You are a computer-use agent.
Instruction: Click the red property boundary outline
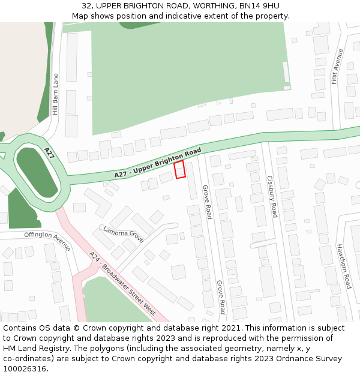[x=179, y=169]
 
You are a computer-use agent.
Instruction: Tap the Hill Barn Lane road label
[x=56, y=94]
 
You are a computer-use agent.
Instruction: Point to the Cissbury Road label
[x=272, y=196]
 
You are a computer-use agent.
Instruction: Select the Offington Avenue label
[x=47, y=241]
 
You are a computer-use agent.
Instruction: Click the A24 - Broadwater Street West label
[x=122, y=283]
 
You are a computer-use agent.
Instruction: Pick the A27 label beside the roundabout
[x=49, y=154]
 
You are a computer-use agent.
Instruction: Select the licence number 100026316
[x=24, y=368]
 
